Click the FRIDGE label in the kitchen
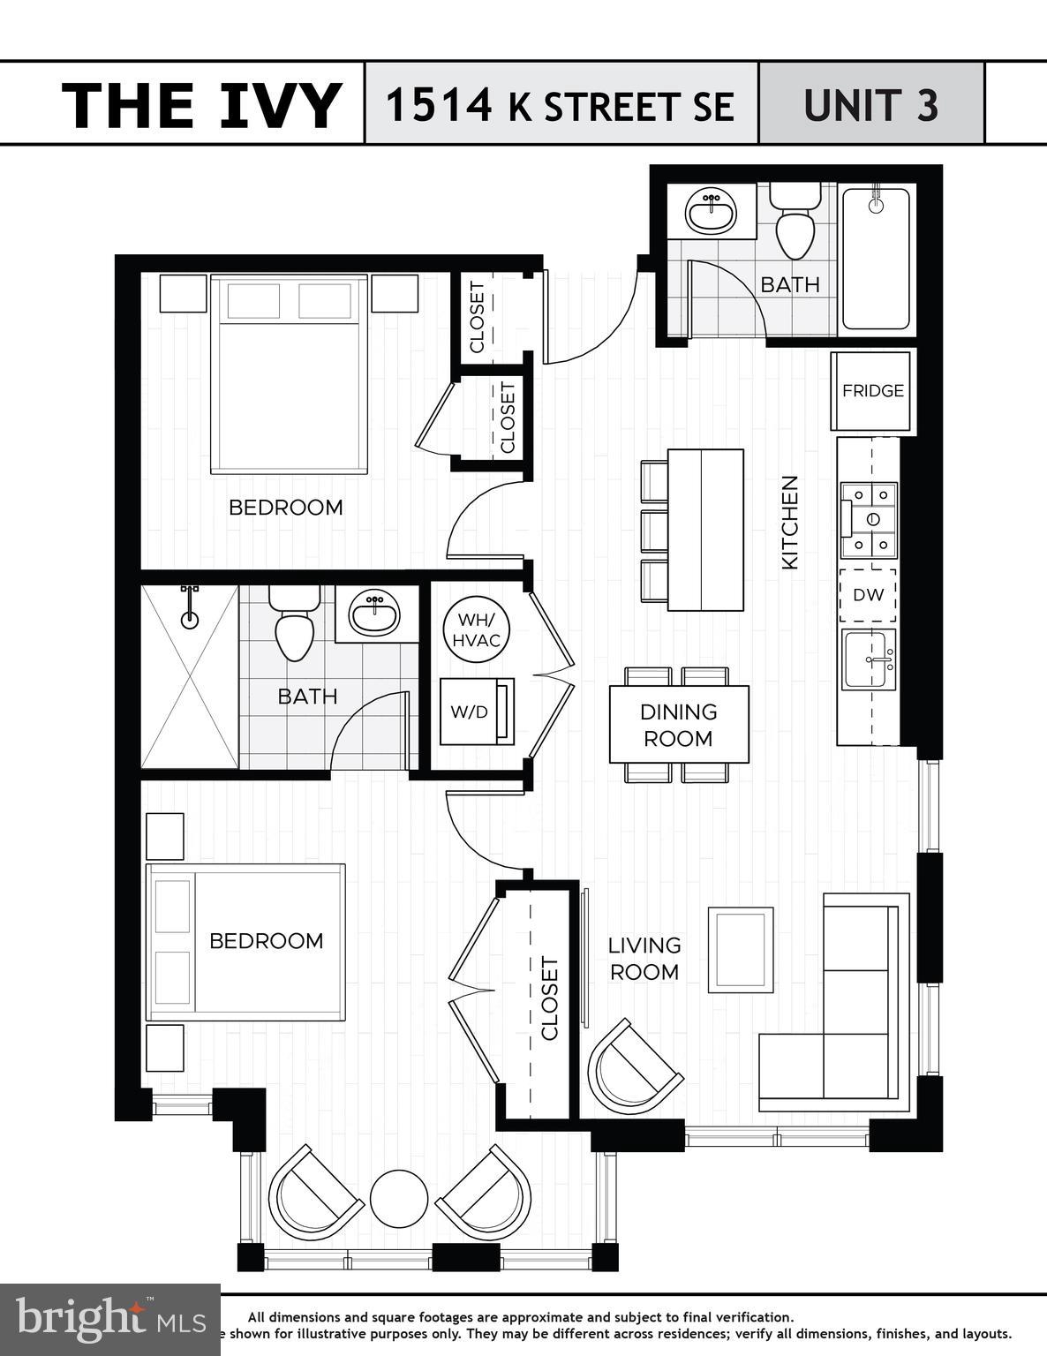tap(872, 390)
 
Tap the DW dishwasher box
tap(868, 595)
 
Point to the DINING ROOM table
tap(678, 725)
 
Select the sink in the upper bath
tap(711, 211)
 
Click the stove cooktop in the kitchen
tap(870, 520)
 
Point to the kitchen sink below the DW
tap(869, 659)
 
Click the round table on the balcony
tap(399, 1199)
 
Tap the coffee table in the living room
tap(740, 950)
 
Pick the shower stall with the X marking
tap(190, 676)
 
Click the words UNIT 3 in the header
tap(870, 105)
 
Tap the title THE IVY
tap(201, 105)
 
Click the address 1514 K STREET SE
tap(560, 105)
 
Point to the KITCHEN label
tap(790, 522)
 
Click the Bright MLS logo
tap(109, 1320)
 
